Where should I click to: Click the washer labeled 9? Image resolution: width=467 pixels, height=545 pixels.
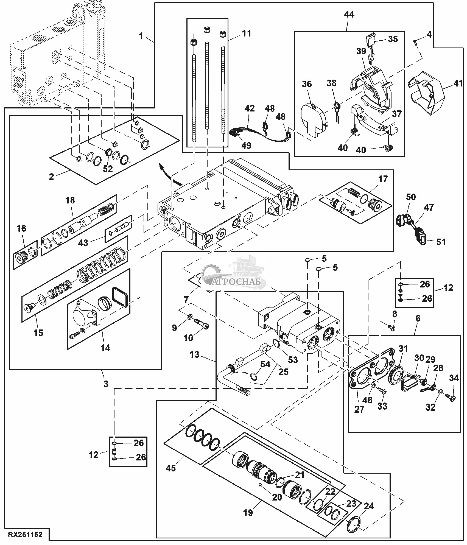189,318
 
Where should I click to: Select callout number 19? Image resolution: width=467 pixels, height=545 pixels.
248,512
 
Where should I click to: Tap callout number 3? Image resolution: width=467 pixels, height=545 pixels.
106,384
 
